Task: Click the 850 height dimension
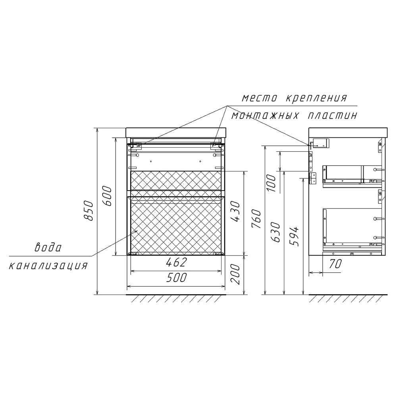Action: (x=89, y=211)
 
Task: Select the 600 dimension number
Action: (x=106, y=196)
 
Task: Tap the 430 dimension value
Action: (x=235, y=212)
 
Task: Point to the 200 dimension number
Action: (x=235, y=274)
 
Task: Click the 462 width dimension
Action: (x=176, y=262)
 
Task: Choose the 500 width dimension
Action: (x=176, y=278)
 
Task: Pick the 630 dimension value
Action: (x=276, y=232)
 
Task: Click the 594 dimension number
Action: (x=294, y=237)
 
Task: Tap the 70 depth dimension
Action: (x=335, y=264)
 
